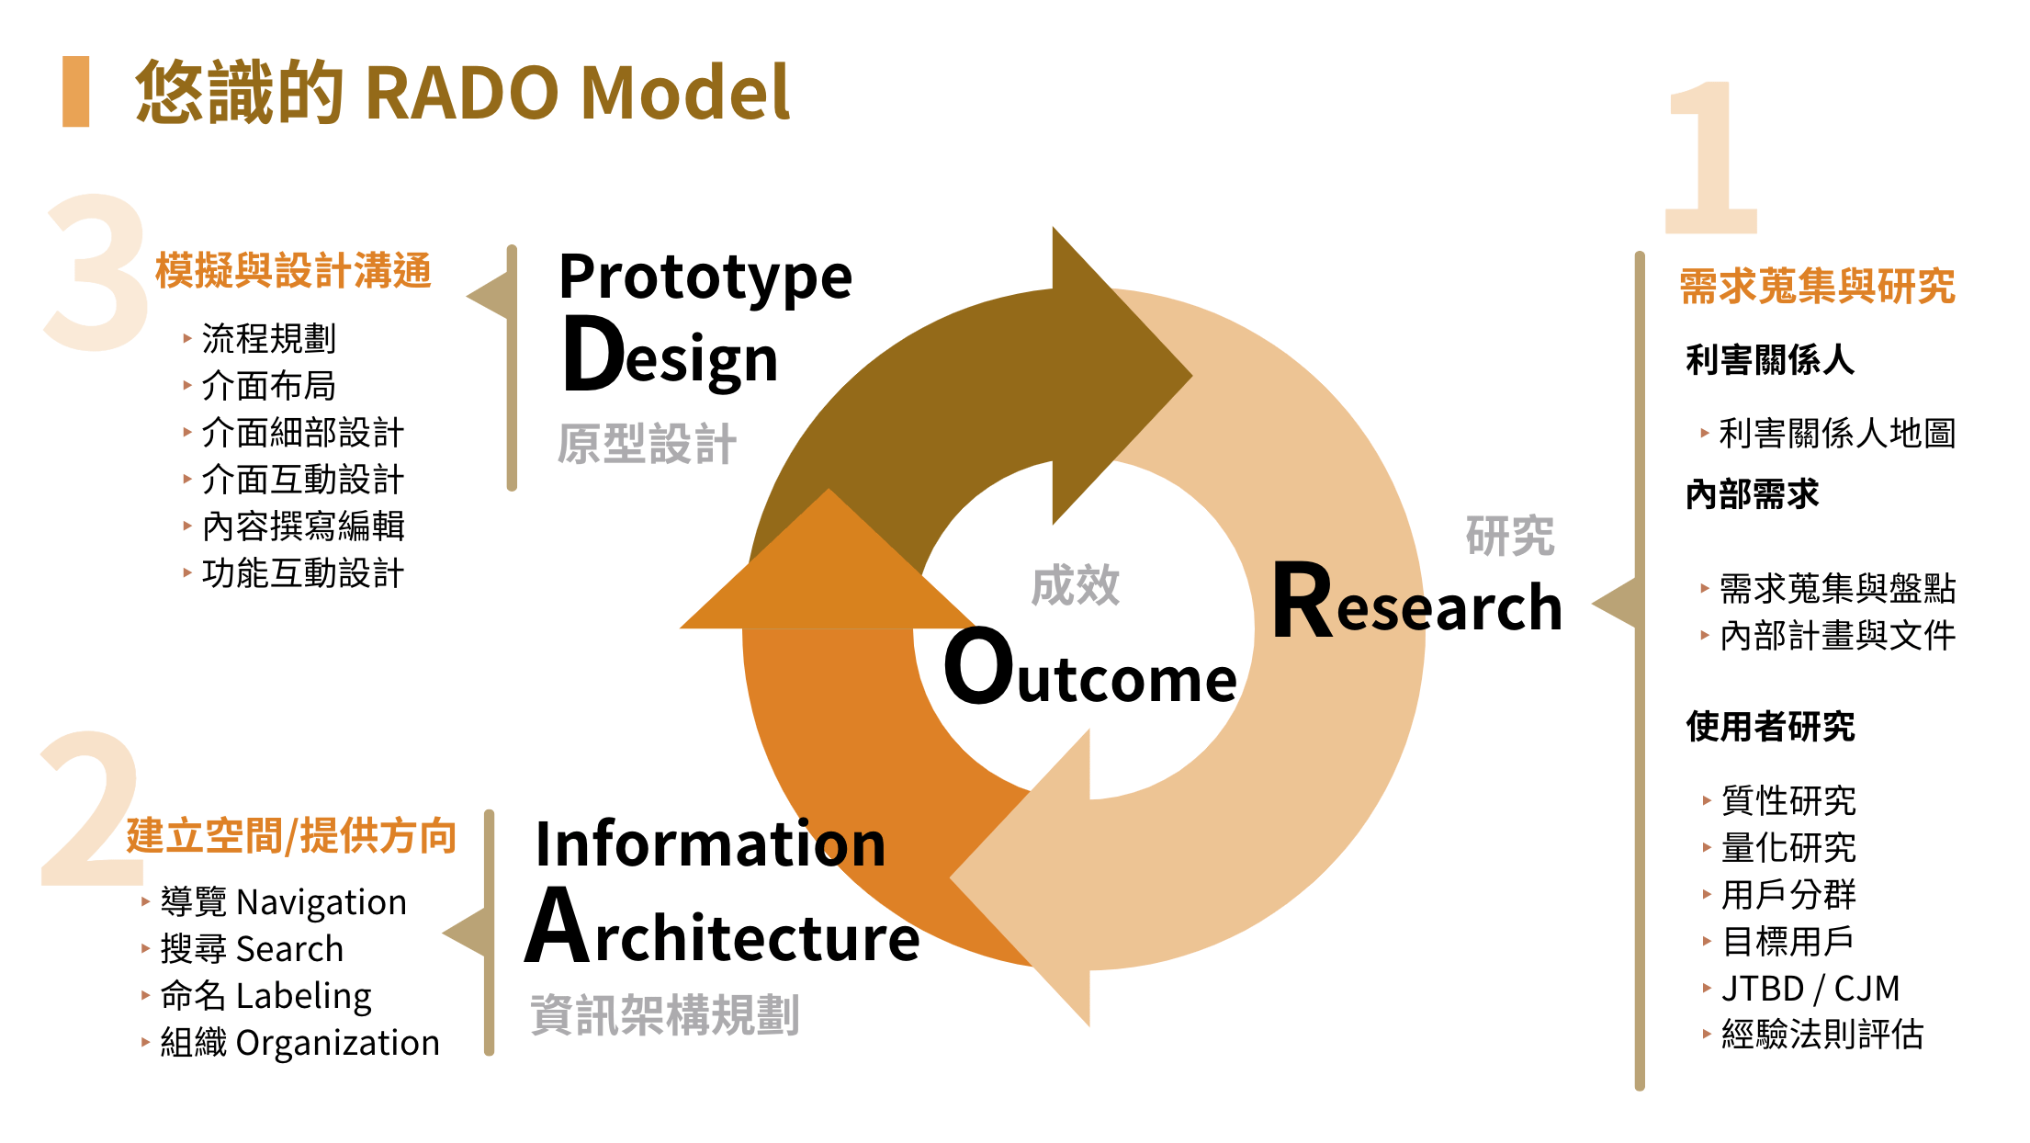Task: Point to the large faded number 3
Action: (96, 272)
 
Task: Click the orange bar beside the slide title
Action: (75, 92)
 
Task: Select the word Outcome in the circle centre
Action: (1090, 668)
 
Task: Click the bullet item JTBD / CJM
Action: (1810, 989)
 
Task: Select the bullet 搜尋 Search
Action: (252, 948)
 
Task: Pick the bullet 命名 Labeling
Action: (265, 996)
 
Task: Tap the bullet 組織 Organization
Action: (299, 1043)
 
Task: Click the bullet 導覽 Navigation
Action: (283, 902)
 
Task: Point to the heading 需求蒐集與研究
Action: (1817, 286)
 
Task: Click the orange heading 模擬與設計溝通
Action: (293, 271)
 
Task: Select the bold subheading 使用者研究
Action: (1770, 727)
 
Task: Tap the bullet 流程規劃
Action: (268, 339)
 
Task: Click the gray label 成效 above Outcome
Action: (1076, 585)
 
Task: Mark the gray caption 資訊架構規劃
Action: (665, 1015)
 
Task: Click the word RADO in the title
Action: (462, 93)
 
